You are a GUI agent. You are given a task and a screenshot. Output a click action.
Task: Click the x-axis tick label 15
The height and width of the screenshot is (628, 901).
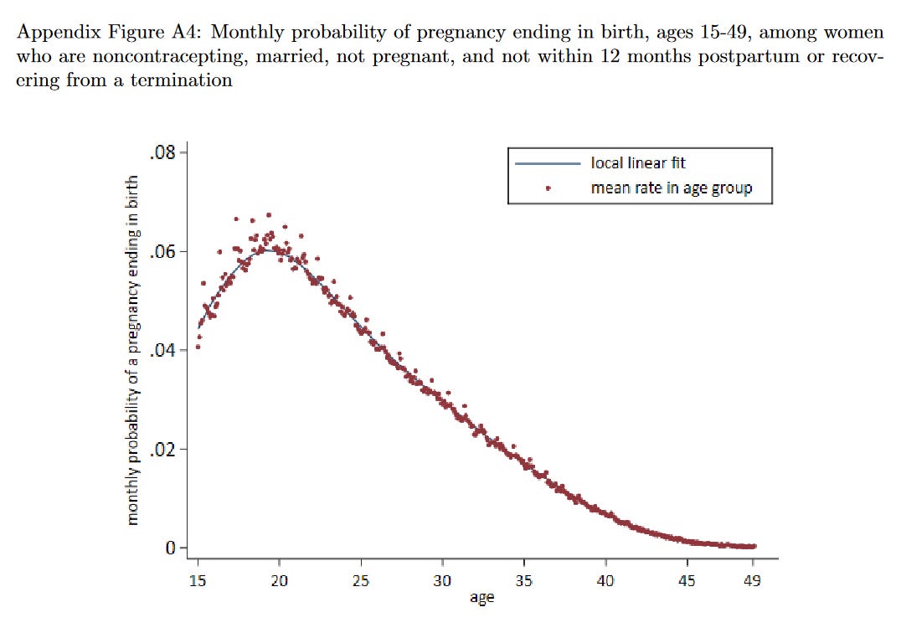click(198, 580)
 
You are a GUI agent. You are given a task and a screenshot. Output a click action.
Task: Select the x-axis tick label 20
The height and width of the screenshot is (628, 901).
click(279, 580)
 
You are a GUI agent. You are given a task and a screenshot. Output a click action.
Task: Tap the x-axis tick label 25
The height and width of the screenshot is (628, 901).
click(361, 580)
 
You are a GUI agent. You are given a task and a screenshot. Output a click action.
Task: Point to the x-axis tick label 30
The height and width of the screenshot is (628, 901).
click(442, 580)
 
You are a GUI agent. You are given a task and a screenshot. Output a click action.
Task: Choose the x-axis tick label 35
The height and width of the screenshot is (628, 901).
click(524, 580)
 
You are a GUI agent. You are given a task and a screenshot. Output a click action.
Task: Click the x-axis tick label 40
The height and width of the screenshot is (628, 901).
click(605, 580)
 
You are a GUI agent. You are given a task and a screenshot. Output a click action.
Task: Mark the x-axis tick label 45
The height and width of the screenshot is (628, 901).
click(687, 580)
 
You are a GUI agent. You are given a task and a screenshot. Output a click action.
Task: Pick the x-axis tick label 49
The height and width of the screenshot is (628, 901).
click(752, 580)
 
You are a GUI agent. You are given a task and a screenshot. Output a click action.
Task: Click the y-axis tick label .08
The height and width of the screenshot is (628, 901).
click(162, 153)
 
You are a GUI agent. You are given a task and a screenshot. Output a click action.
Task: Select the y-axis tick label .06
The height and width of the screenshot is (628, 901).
click(162, 252)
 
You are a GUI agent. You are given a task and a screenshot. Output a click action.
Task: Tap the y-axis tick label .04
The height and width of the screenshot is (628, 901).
click(162, 351)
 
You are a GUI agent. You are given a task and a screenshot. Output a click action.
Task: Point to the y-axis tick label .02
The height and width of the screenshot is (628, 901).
click(162, 450)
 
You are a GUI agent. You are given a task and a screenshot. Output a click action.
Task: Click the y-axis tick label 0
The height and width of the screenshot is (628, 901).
click(170, 548)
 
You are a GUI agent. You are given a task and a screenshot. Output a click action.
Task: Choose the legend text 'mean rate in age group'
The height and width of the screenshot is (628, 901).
click(671, 188)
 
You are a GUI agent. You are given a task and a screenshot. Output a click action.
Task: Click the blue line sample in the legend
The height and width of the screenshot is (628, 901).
click(547, 163)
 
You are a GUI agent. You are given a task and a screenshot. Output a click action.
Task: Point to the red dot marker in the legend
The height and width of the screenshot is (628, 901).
click(547, 188)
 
